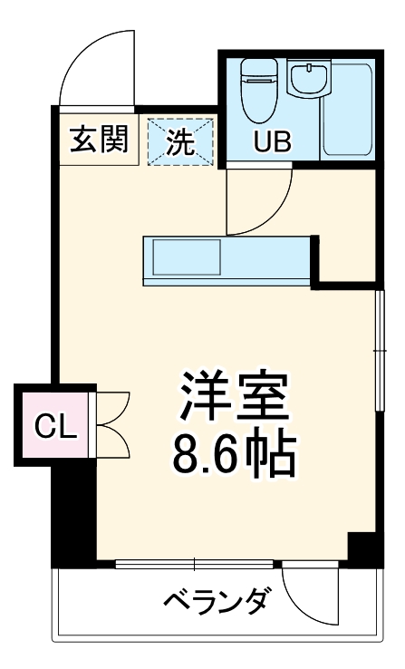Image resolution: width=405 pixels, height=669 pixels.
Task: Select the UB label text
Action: (272, 142)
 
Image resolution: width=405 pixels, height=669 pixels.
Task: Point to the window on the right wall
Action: (378, 349)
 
